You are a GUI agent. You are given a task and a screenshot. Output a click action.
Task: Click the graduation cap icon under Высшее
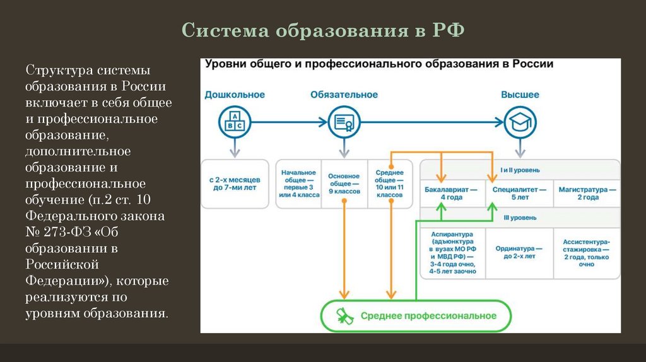(x=520, y=122)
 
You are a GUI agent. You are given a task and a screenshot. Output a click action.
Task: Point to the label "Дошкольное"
(x=235, y=95)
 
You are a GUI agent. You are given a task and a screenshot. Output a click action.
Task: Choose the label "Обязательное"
(x=344, y=95)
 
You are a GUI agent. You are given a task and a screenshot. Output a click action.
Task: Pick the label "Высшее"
(x=520, y=95)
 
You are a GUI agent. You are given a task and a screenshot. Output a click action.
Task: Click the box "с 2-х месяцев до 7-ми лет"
(x=235, y=184)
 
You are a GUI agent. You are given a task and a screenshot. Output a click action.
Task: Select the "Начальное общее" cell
(x=298, y=184)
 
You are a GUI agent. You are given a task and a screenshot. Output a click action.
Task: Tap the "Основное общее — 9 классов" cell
(x=344, y=184)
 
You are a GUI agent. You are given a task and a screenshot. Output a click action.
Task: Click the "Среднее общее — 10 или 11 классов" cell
(x=389, y=184)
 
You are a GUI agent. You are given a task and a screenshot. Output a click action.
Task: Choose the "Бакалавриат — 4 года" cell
(x=451, y=193)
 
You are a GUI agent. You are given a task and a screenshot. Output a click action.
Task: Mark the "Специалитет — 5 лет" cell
(x=520, y=193)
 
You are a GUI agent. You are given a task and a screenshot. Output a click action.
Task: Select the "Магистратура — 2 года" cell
(x=586, y=193)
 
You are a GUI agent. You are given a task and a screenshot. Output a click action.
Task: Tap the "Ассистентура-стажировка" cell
(x=586, y=252)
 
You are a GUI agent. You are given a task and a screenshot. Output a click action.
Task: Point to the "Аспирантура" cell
(x=451, y=252)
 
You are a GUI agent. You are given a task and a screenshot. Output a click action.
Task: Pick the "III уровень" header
(x=520, y=218)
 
